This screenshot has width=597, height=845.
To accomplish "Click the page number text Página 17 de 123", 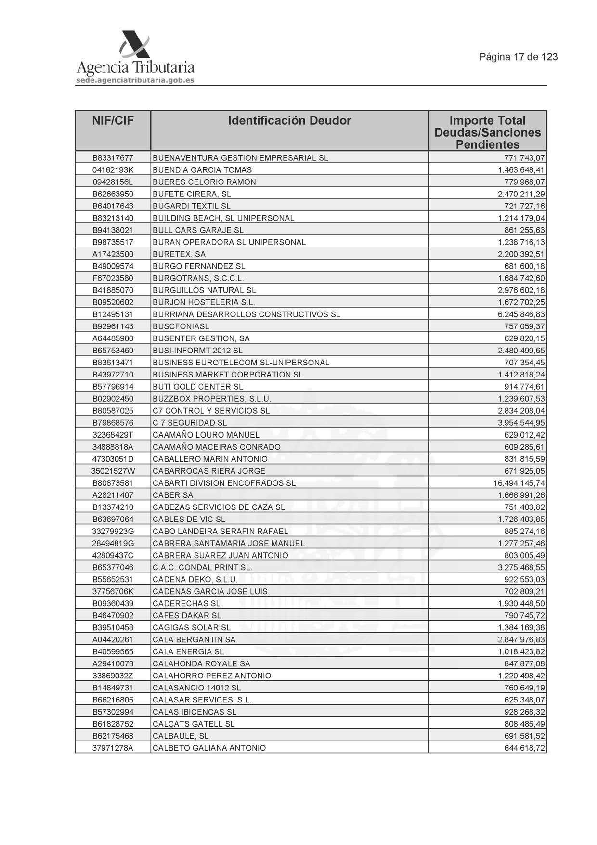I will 518,57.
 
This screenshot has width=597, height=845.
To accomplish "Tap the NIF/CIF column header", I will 113,121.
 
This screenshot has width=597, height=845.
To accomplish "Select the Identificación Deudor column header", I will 289,121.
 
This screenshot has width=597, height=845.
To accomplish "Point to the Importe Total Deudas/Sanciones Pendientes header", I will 487,132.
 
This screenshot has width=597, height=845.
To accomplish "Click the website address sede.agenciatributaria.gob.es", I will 135,80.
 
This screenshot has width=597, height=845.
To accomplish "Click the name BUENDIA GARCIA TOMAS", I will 202,170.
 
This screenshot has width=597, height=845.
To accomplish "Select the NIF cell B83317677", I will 113,158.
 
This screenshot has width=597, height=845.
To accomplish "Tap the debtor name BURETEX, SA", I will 179,254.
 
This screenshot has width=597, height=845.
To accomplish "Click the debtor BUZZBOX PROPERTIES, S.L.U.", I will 212,399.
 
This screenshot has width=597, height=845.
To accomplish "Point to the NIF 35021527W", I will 113,471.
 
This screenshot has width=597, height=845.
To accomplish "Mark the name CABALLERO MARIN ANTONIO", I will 210,459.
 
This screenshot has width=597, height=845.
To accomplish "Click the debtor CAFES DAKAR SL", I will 187,615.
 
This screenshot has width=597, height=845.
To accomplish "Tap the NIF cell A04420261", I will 113,639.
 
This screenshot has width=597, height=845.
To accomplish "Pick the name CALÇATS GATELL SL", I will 194,724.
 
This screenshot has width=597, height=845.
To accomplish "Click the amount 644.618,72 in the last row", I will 524,748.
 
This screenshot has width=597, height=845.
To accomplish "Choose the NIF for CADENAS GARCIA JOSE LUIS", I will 113,591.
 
